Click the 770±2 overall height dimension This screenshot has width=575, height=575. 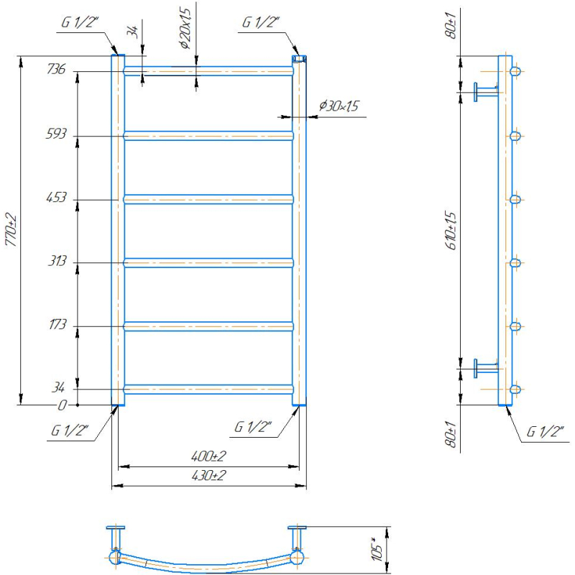coord(11,229)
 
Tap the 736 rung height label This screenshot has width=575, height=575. coord(56,69)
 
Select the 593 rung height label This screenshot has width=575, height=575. coord(56,134)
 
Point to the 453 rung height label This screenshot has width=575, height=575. coord(57,197)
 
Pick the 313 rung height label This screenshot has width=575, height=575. coord(57,261)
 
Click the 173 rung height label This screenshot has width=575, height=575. coord(57,325)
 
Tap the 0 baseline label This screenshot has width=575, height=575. coord(63,405)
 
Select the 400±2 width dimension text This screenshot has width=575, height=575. coord(208,456)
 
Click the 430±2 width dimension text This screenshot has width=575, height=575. coord(208,476)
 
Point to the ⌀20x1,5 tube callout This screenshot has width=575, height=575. coord(185,29)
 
